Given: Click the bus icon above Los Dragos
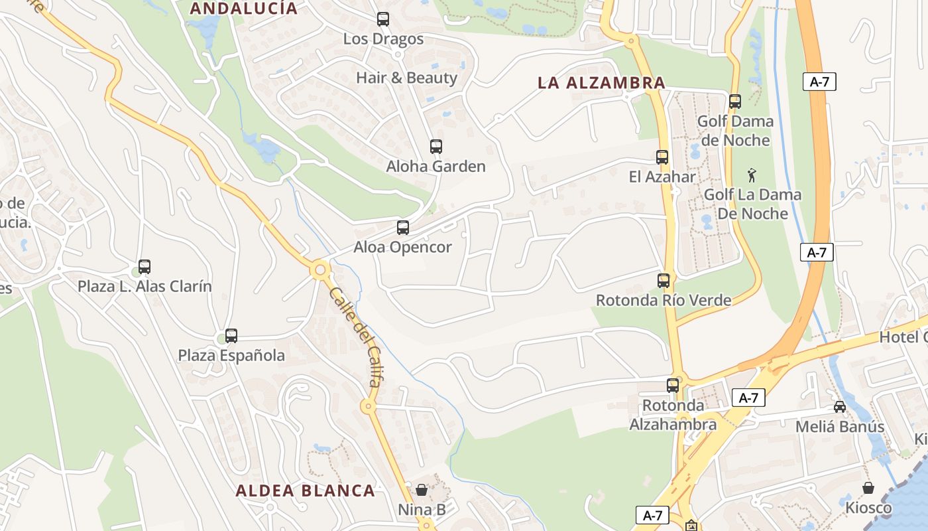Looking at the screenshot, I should click(x=383, y=19).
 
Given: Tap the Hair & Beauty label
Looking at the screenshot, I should click(x=406, y=78).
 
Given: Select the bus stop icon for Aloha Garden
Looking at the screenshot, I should click(x=435, y=147).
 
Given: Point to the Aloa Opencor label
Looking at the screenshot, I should click(x=402, y=248).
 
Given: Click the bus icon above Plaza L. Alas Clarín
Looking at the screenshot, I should click(x=145, y=267).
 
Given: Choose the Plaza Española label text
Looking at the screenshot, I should click(x=231, y=355).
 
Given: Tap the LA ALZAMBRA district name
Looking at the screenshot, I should click(x=601, y=83).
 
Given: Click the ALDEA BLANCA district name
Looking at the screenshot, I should click(x=306, y=491).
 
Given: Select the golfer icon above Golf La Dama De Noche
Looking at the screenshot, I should click(x=752, y=175).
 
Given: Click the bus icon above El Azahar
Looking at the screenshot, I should click(x=662, y=157).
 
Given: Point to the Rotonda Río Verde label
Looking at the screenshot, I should click(x=664, y=300).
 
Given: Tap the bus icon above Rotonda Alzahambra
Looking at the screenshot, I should click(x=673, y=385).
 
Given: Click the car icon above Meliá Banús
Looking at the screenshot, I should click(x=840, y=406).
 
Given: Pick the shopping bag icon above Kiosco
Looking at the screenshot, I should click(x=868, y=488).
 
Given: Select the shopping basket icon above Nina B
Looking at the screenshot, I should click(x=422, y=490).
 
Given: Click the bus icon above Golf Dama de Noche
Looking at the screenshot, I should click(x=735, y=102).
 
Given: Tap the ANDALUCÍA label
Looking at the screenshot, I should click(x=244, y=9).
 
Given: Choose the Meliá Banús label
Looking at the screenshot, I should click(x=840, y=426).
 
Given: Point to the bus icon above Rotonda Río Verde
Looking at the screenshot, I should click(x=664, y=281).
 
